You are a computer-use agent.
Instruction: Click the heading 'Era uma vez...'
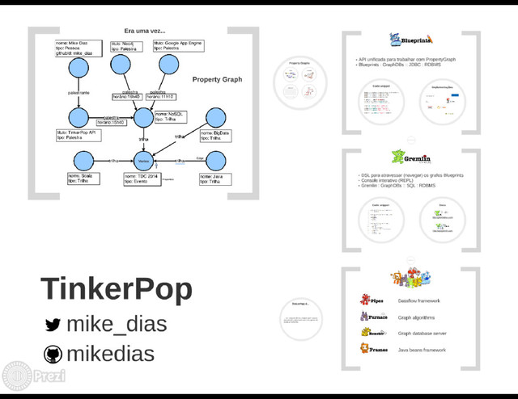coord(145,31)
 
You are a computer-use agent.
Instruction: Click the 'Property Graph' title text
coord(217,80)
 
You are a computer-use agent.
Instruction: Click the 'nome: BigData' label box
coord(218,134)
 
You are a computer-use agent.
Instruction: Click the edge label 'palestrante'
coord(79,93)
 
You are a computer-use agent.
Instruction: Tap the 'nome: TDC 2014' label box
coord(143,178)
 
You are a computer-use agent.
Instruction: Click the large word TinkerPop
coord(117,288)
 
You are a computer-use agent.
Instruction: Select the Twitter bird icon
coord(53,325)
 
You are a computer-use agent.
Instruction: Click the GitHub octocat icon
coord(53,354)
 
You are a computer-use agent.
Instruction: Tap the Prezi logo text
coord(50,376)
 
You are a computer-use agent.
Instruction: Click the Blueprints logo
coord(410,40)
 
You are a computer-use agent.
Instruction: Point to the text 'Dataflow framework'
coord(418,300)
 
